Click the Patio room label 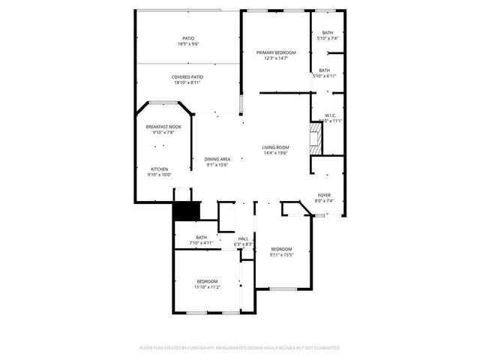(187, 38)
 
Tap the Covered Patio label (187, 76)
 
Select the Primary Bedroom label (276, 52)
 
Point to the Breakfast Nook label (163, 127)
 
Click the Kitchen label (160, 169)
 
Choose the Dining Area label (217, 159)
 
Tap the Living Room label (275, 147)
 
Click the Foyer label (323, 195)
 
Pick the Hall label (243, 238)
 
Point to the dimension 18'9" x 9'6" (187, 44)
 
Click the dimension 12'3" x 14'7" (276, 58)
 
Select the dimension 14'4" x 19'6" (275, 153)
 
